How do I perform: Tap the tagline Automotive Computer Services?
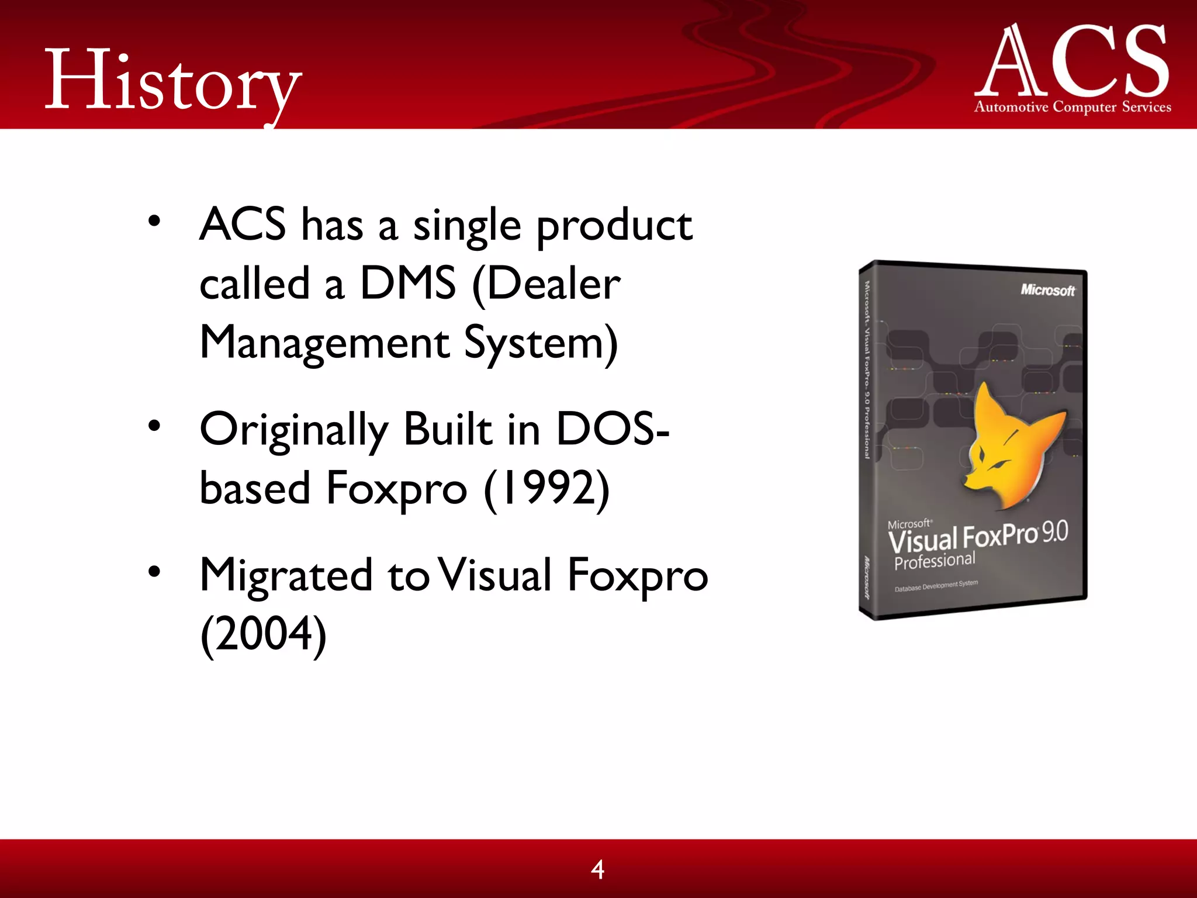pos(1073,107)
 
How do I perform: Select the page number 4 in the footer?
pos(597,869)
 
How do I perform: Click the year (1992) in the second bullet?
pos(547,488)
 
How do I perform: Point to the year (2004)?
pos(263,634)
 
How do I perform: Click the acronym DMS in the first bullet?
pos(407,284)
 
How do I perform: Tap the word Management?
pos(324,343)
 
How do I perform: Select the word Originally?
pos(293,430)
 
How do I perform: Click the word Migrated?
pos(286,575)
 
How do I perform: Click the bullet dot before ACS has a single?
pos(154,222)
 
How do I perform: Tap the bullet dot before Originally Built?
pos(154,426)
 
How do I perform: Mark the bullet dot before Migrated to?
pos(154,571)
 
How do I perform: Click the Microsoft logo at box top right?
pos(1047,290)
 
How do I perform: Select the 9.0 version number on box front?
pos(1055,531)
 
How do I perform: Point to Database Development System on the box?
pos(936,586)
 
